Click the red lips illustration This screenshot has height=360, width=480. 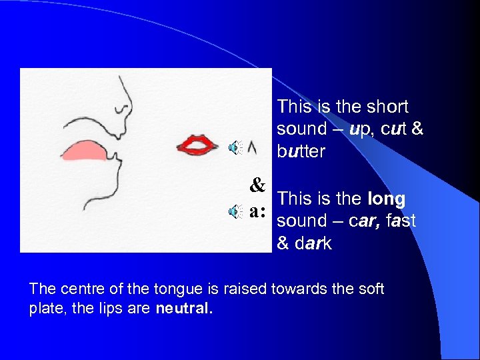(x=197, y=143)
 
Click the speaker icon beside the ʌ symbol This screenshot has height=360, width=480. (x=235, y=148)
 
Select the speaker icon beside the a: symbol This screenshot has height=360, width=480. (x=235, y=212)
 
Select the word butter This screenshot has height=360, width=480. (x=301, y=151)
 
